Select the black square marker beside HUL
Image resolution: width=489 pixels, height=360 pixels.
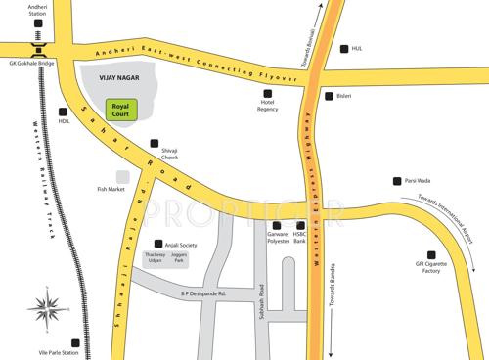342,49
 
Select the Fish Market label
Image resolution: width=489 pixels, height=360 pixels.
112,189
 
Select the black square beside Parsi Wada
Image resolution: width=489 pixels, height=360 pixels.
395,180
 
